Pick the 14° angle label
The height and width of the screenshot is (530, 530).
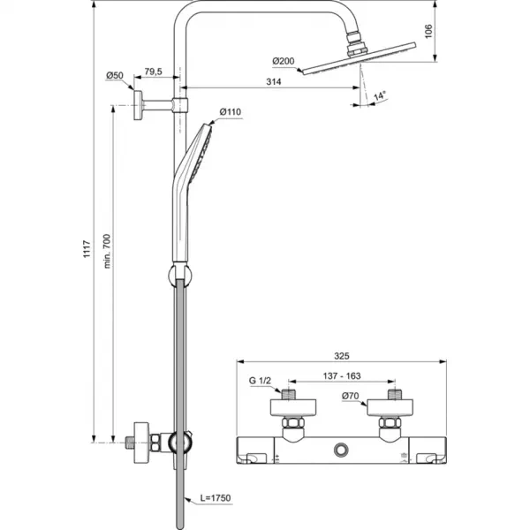point(380,95)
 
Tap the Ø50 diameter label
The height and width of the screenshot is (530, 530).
point(115,76)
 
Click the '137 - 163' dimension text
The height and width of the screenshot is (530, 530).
point(341,375)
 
